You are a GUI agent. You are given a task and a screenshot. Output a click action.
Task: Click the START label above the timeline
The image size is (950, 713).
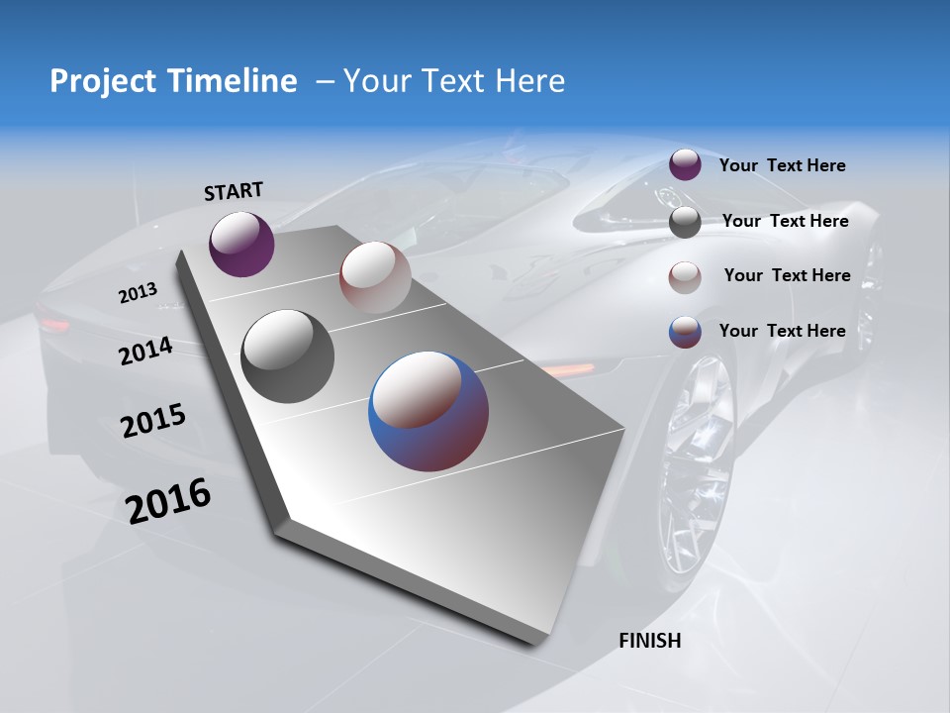234,190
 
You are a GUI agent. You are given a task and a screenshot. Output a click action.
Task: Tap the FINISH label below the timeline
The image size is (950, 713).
649,640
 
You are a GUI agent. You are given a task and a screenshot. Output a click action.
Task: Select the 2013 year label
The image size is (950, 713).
138,293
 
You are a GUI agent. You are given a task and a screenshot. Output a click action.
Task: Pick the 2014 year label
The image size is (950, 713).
145,352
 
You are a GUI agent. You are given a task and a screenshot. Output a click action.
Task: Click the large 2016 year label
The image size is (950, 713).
168,501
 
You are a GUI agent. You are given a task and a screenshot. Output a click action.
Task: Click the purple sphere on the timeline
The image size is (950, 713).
241,244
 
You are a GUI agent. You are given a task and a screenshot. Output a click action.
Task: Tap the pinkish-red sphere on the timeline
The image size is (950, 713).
375,276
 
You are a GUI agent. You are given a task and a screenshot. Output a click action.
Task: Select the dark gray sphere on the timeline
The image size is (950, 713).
287,356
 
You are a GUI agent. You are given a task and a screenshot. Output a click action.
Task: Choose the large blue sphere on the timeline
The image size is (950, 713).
428,410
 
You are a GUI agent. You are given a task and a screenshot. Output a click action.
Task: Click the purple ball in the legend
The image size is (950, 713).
685,164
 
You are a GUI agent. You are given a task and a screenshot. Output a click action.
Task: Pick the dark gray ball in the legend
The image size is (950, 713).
685,222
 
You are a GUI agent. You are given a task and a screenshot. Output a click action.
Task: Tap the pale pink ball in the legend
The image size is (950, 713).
685,277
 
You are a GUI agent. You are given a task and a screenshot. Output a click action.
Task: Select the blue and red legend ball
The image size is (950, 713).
685,332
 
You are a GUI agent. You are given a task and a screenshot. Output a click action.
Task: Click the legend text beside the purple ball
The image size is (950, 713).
782,165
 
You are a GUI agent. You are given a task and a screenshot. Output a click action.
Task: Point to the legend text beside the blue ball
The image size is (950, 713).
782,331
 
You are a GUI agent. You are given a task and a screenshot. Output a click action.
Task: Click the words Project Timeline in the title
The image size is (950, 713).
173,81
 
